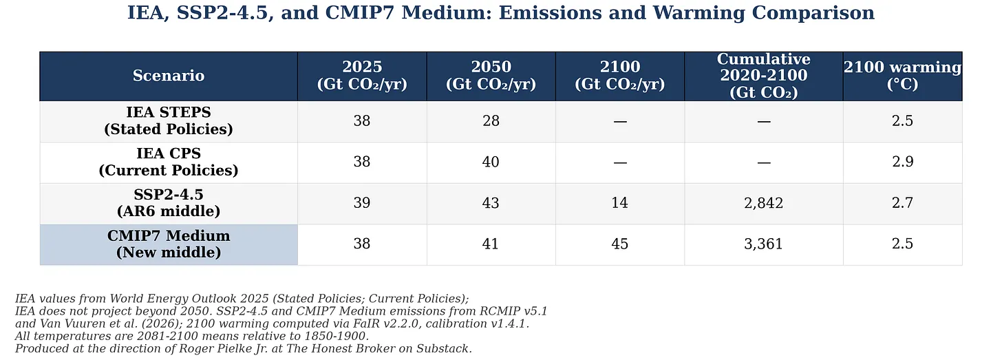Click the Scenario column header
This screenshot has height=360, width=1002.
click(169, 76)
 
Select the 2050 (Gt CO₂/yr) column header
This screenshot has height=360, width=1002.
click(491, 76)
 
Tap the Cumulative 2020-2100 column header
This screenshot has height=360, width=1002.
click(764, 76)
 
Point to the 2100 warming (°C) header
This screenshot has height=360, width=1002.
click(902, 76)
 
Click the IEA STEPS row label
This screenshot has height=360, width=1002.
click(169, 120)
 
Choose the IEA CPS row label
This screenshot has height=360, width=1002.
click(169, 162)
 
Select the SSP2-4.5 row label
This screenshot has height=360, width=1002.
click(169, 203)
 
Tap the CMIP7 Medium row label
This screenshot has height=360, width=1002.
click(169, 244)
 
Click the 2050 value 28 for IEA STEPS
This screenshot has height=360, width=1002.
click(491, 120)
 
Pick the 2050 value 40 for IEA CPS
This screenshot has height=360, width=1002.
click(491, 162)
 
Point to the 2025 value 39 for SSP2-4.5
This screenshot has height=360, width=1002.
click(362, 203)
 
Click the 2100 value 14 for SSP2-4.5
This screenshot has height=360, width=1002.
click(619, 203)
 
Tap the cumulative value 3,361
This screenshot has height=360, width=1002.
click(764, 244)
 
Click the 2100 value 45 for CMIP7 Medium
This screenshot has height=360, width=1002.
click(619, 244)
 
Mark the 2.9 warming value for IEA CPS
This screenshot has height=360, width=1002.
click(902, 162)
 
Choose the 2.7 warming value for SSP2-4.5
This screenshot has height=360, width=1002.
click(902, 203)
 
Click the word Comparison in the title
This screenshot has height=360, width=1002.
click(813, 13)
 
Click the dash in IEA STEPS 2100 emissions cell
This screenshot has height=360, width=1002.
click(619, 122)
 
